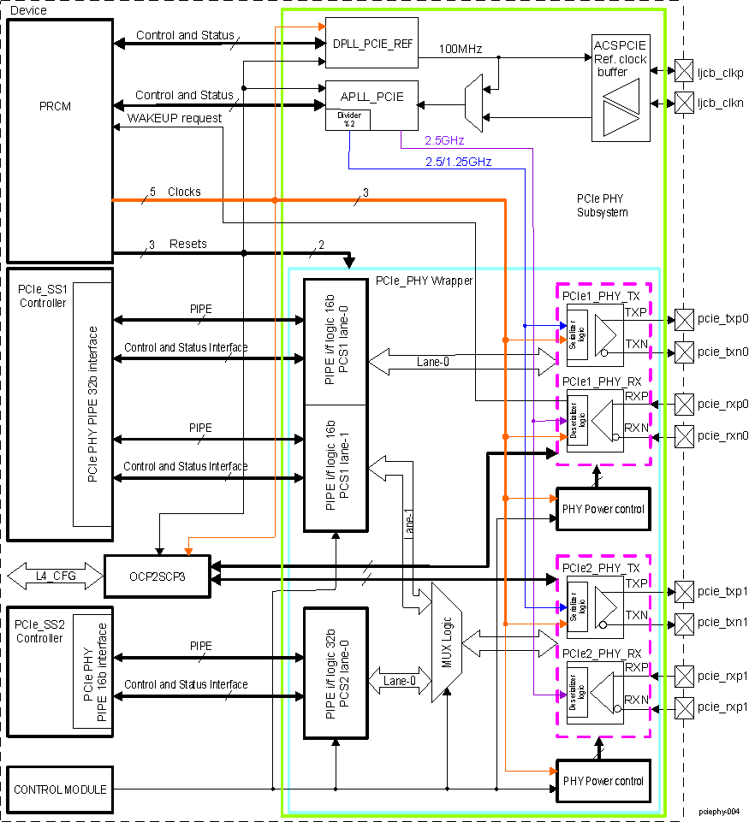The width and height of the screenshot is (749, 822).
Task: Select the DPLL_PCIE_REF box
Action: [x=371, y=42]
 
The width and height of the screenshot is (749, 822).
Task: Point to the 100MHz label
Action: [x=461, y=49]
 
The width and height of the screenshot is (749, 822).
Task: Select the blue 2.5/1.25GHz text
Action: [x=458, y=161]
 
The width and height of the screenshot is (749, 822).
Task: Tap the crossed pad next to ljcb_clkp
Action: [x=684, y=69]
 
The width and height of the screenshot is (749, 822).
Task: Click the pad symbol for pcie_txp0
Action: [x=684, y=318]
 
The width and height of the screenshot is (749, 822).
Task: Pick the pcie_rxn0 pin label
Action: [x=722, y=435]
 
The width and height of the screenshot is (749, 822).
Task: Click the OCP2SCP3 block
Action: [x=157, y=576]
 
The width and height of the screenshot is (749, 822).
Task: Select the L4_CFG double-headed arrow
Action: [x=53, y=576]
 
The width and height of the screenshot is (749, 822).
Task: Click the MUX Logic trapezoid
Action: [x=446, y=642]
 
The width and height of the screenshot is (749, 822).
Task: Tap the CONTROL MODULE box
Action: [x=60, y=789]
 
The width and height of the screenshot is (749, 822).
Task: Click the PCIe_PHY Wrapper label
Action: [x=424, y=281]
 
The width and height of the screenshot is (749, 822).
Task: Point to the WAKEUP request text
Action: [x=174, y=117]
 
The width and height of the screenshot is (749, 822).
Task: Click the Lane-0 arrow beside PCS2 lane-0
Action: [x=400, y=682]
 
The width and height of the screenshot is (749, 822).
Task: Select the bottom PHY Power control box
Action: [x=603, y=781]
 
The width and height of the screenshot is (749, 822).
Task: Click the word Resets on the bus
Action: [x=187, y=244]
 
